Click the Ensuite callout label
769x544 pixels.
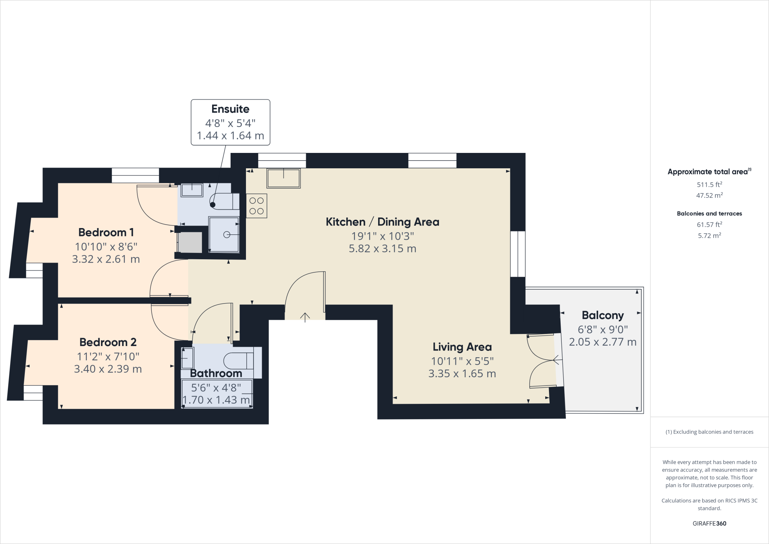230,109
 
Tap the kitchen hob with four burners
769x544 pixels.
256,206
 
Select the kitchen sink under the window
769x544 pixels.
283,178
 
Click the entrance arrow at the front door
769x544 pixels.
305,317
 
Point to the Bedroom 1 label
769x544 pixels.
106,233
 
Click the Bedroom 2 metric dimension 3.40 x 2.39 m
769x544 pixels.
108,369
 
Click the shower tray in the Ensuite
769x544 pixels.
224,235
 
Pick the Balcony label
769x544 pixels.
603,315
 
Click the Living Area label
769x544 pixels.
462,347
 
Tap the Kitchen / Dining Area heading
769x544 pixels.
382,222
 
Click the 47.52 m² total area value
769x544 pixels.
709,195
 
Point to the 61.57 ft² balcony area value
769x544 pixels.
709,225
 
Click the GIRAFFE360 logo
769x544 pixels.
709,523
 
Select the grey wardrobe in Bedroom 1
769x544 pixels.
190,242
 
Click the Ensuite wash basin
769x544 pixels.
192,190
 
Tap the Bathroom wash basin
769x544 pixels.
187,358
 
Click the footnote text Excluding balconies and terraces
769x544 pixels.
709,432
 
